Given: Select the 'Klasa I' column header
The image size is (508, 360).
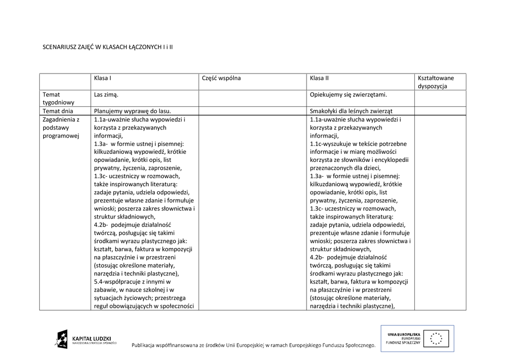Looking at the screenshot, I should pyautogui.click(x=103, y=78).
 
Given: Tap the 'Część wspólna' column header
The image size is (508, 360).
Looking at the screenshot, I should pyautogui.click(x=221, y=78).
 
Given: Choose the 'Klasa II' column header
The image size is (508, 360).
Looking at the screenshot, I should pyautogui.click(x=319, y=78).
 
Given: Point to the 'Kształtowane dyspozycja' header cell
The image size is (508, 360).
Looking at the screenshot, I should pyautogui.click(x=436, y=82).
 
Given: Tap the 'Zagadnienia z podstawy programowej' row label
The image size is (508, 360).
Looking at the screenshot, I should pyautogui.click(x=61, y=128).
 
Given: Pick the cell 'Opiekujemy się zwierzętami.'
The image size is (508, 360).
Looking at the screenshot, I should pyautogui.click(x=348, y=94).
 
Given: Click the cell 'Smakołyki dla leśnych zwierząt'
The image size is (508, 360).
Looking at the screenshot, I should pyautogui.click(x=354, y=111).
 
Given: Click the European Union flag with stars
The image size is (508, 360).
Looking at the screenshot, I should pyautogui.click(x=437, y=338).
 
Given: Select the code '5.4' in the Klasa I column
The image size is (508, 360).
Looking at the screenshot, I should pyautogui.click(x=98, y=282).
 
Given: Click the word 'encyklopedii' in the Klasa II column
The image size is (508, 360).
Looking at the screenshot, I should pyautogui.click(x=392, y=160).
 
